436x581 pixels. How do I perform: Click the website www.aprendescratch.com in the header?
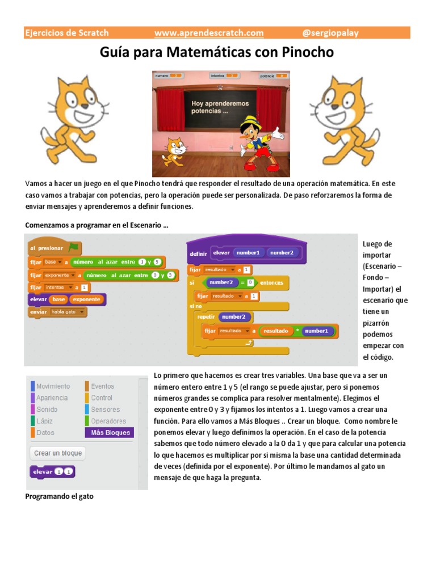[x=209, y=33]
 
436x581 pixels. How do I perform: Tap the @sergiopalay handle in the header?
[x=331, y=33]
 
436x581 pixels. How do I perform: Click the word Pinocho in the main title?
[x=307, y=53]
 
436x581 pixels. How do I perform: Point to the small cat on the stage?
[x=174, y=151]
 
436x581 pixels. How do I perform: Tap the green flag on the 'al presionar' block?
[x=73, y=247]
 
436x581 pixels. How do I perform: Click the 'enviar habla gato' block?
[x=57, y=312]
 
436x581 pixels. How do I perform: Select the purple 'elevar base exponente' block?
[x=66, y=299]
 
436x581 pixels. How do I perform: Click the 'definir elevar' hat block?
[x=247, y=252]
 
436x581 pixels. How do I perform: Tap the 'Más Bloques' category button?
[x=110, y=432]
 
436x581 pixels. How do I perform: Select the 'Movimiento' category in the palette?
[x=52, y=386]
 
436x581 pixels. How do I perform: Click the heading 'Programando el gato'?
[x=60, y=496]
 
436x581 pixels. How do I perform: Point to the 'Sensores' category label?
[x=105, y=409]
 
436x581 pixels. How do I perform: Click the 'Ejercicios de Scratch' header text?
[x=66, y=33]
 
